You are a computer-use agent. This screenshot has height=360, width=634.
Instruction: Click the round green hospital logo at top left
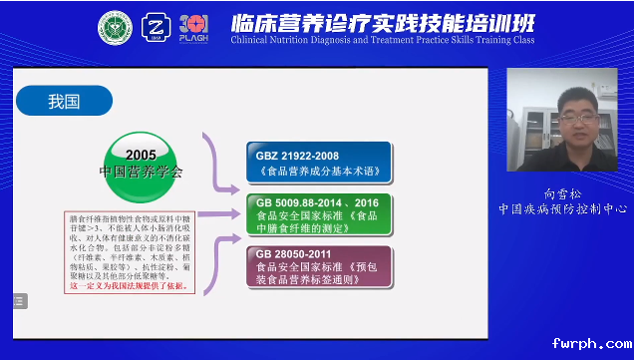[115, 28]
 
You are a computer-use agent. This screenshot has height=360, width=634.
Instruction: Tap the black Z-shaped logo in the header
[158, 28]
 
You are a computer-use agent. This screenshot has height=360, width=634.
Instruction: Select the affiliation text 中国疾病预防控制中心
[565, 209]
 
